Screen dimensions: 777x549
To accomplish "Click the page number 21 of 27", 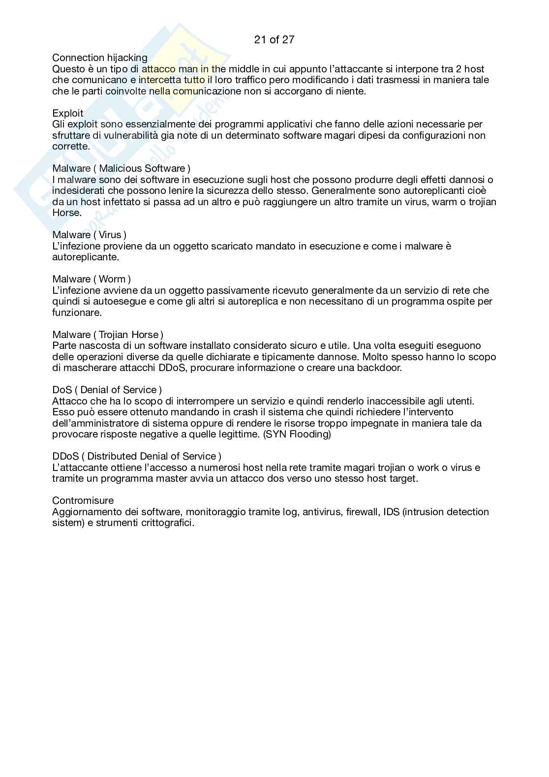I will coord(274,40).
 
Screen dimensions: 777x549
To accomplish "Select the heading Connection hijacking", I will coord(99,58).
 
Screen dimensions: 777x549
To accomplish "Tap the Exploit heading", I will coord(68,114).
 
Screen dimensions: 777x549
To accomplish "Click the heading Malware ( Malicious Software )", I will coord(121,169).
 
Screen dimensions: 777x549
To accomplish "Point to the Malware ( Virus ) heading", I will coord(89,235).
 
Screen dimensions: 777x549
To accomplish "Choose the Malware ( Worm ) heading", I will coord(91,280).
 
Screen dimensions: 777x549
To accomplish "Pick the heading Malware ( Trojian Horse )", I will coord(108,335).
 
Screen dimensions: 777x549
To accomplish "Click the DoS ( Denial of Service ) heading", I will coord(107,390).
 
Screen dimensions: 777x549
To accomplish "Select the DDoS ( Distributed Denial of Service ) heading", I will coord(137,457).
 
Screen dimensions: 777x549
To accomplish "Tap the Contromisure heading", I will coord(83,501).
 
